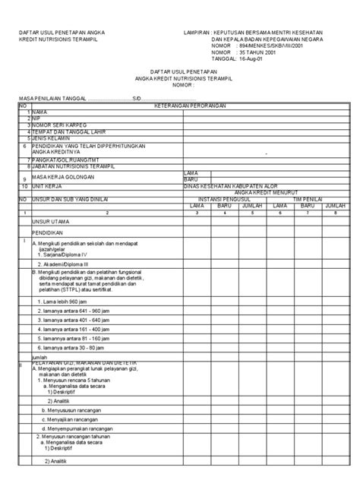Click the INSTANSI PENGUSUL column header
[x=222, y=196]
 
